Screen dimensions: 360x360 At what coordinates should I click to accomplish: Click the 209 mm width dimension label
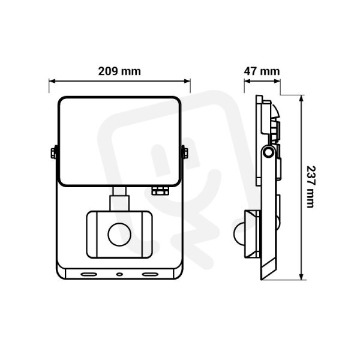[119, 71]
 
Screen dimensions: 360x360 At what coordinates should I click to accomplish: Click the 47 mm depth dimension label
[262, 71]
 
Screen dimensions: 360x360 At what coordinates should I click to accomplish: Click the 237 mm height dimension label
[311, 187]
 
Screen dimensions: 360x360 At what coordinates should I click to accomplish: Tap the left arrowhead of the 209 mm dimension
[52, 81]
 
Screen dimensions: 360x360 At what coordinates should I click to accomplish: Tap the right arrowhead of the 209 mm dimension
[187, 81]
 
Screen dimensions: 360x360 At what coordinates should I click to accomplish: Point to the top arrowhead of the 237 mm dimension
[302, 98]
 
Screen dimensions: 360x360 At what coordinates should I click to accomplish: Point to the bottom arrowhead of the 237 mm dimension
[302, 277]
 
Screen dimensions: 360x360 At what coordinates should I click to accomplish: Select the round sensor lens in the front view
[119, 235]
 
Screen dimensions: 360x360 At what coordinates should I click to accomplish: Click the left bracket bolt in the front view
[53, 153]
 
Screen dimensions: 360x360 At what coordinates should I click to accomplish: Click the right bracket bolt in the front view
[185, 153]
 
